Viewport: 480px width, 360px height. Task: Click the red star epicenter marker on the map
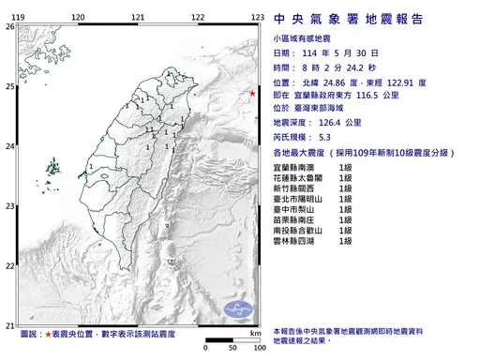coord(251,93)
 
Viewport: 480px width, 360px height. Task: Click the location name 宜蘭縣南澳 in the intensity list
coord(293,166)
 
